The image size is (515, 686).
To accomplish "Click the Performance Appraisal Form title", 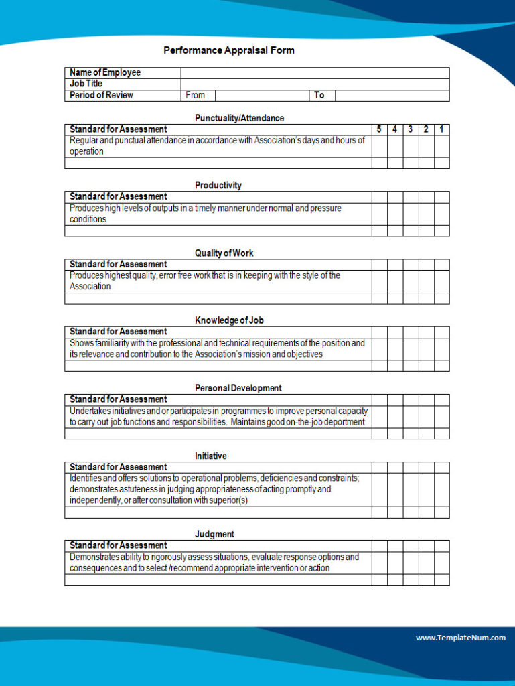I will click(228, 50).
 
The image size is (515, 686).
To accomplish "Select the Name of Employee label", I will click(105, 72).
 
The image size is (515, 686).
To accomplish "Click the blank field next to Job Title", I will click(315, 84).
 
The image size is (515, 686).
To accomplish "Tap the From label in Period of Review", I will click(196, 95).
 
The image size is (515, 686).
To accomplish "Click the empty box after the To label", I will click(392, 95).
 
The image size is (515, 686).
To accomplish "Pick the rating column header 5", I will click(379, 129).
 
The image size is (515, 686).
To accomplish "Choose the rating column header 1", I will click(442, 129).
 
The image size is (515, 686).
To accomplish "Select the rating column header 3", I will click(411, 129).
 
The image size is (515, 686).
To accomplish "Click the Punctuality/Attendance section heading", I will click(239, 118).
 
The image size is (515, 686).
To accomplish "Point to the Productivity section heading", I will click(218, 185).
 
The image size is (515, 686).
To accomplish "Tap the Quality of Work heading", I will click(224, 253).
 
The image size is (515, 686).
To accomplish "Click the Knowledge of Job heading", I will click(229, 320).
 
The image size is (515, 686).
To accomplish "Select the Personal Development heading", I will click(238, 388).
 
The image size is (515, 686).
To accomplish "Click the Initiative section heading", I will click(211, 456).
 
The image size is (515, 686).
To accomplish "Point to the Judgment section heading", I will click(214, 534).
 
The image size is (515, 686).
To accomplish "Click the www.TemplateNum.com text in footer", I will click(461, 638).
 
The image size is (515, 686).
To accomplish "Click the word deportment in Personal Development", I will click(343, 422).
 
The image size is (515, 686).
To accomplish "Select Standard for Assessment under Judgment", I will click(119, 545).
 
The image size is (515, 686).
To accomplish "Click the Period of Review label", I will click(101, 95).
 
